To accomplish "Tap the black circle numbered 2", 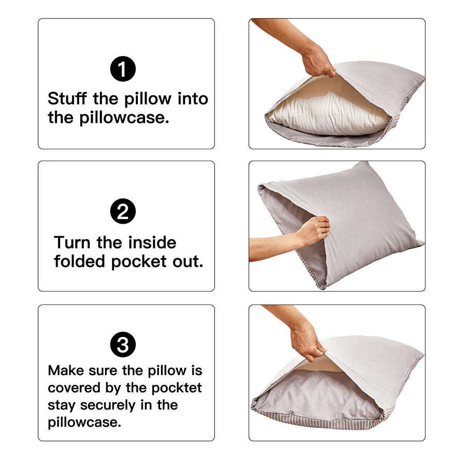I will tap(123, 211).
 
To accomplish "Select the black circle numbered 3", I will tap(123, 345).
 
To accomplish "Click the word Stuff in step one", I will tap(68, 98).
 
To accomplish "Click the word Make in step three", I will tap(66, 370).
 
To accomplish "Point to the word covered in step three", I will tap(73, 387).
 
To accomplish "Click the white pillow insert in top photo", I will tap(324, 113).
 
